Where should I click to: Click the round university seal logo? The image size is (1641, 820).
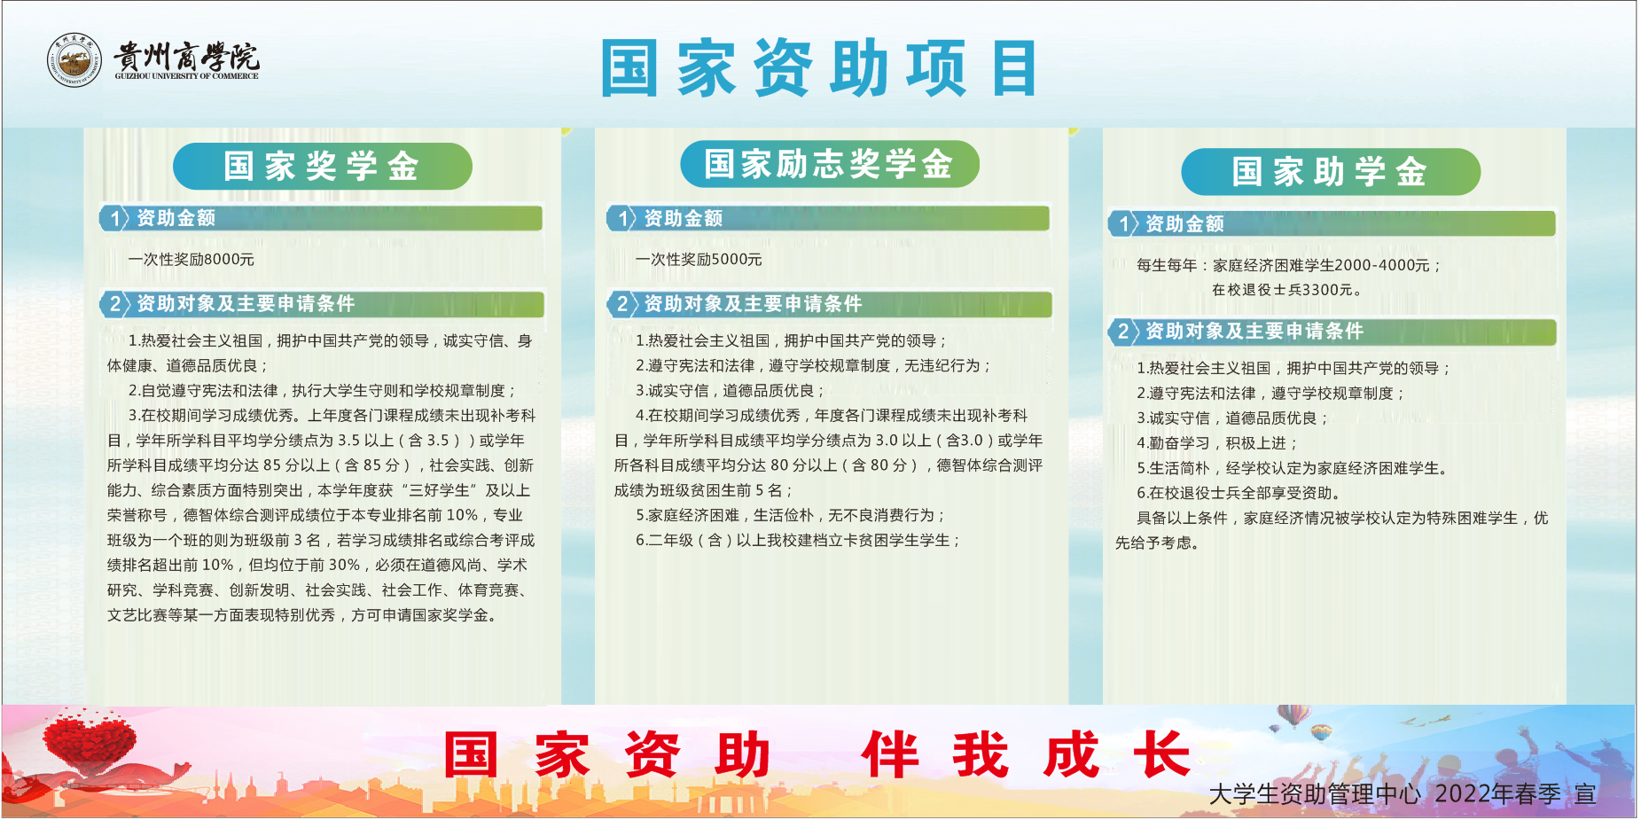[x=74, y=60]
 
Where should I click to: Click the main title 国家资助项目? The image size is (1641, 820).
[x=819, y=68]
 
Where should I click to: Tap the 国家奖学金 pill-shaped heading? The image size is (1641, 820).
[x=323, y=166]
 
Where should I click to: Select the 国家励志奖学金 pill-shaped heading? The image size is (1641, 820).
[x=830, y=164]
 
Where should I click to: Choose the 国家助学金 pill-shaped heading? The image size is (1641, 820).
[x=1331, y=171]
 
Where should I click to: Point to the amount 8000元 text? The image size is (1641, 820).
[x=229, y=260]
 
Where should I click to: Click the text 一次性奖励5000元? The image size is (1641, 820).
[x=699, y=260]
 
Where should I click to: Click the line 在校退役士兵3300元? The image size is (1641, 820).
[x=1283, y=290]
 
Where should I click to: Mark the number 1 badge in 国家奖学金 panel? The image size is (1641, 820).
[x=114, y=218]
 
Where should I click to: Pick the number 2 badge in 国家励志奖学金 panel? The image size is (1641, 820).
[x=621, y=304]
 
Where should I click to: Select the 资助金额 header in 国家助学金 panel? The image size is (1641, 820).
[x=1184, y=223]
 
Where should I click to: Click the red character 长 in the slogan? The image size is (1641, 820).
[x=1162, y=754]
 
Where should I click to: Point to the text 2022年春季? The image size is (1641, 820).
[x=1498, y=793]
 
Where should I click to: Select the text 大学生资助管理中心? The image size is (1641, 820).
[x=1315, y=793]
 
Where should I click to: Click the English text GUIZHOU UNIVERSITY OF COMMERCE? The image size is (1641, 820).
[x=186, y=76]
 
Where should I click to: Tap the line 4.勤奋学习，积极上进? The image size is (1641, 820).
[x=1216, y=443]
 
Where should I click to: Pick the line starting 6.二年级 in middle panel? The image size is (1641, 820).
[x=797, y=540]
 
